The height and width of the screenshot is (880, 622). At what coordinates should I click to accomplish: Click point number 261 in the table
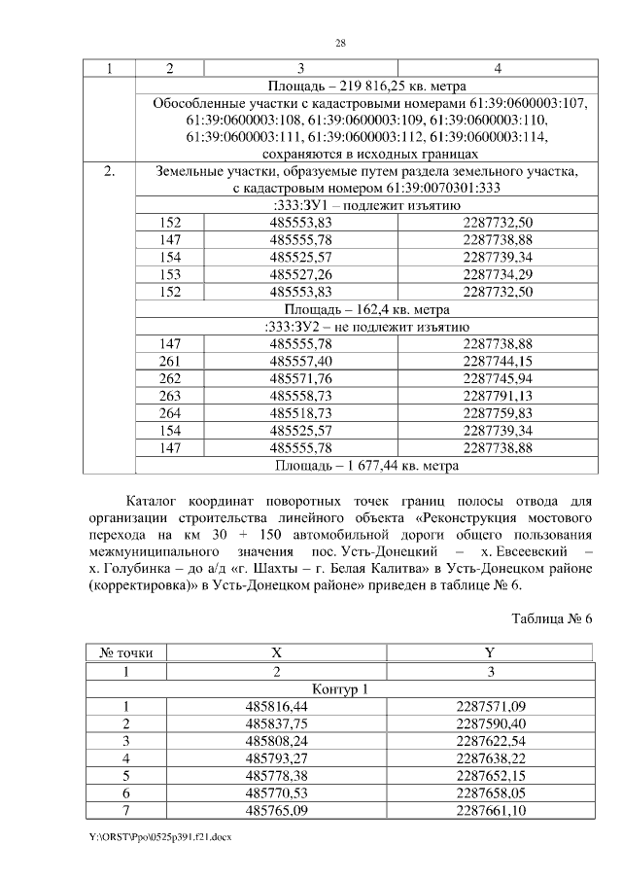[171, 361]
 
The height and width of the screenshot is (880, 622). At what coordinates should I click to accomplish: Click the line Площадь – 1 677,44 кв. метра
[365, 466]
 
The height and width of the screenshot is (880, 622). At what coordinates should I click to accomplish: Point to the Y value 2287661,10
[490, 810]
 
